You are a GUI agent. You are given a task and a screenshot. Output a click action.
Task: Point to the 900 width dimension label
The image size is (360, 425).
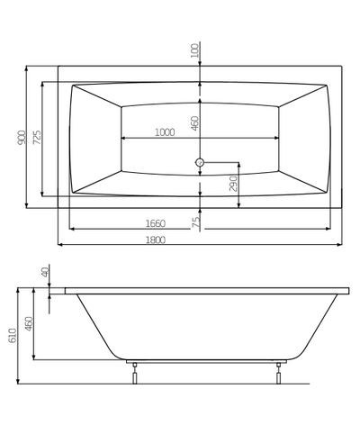[20, 138]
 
